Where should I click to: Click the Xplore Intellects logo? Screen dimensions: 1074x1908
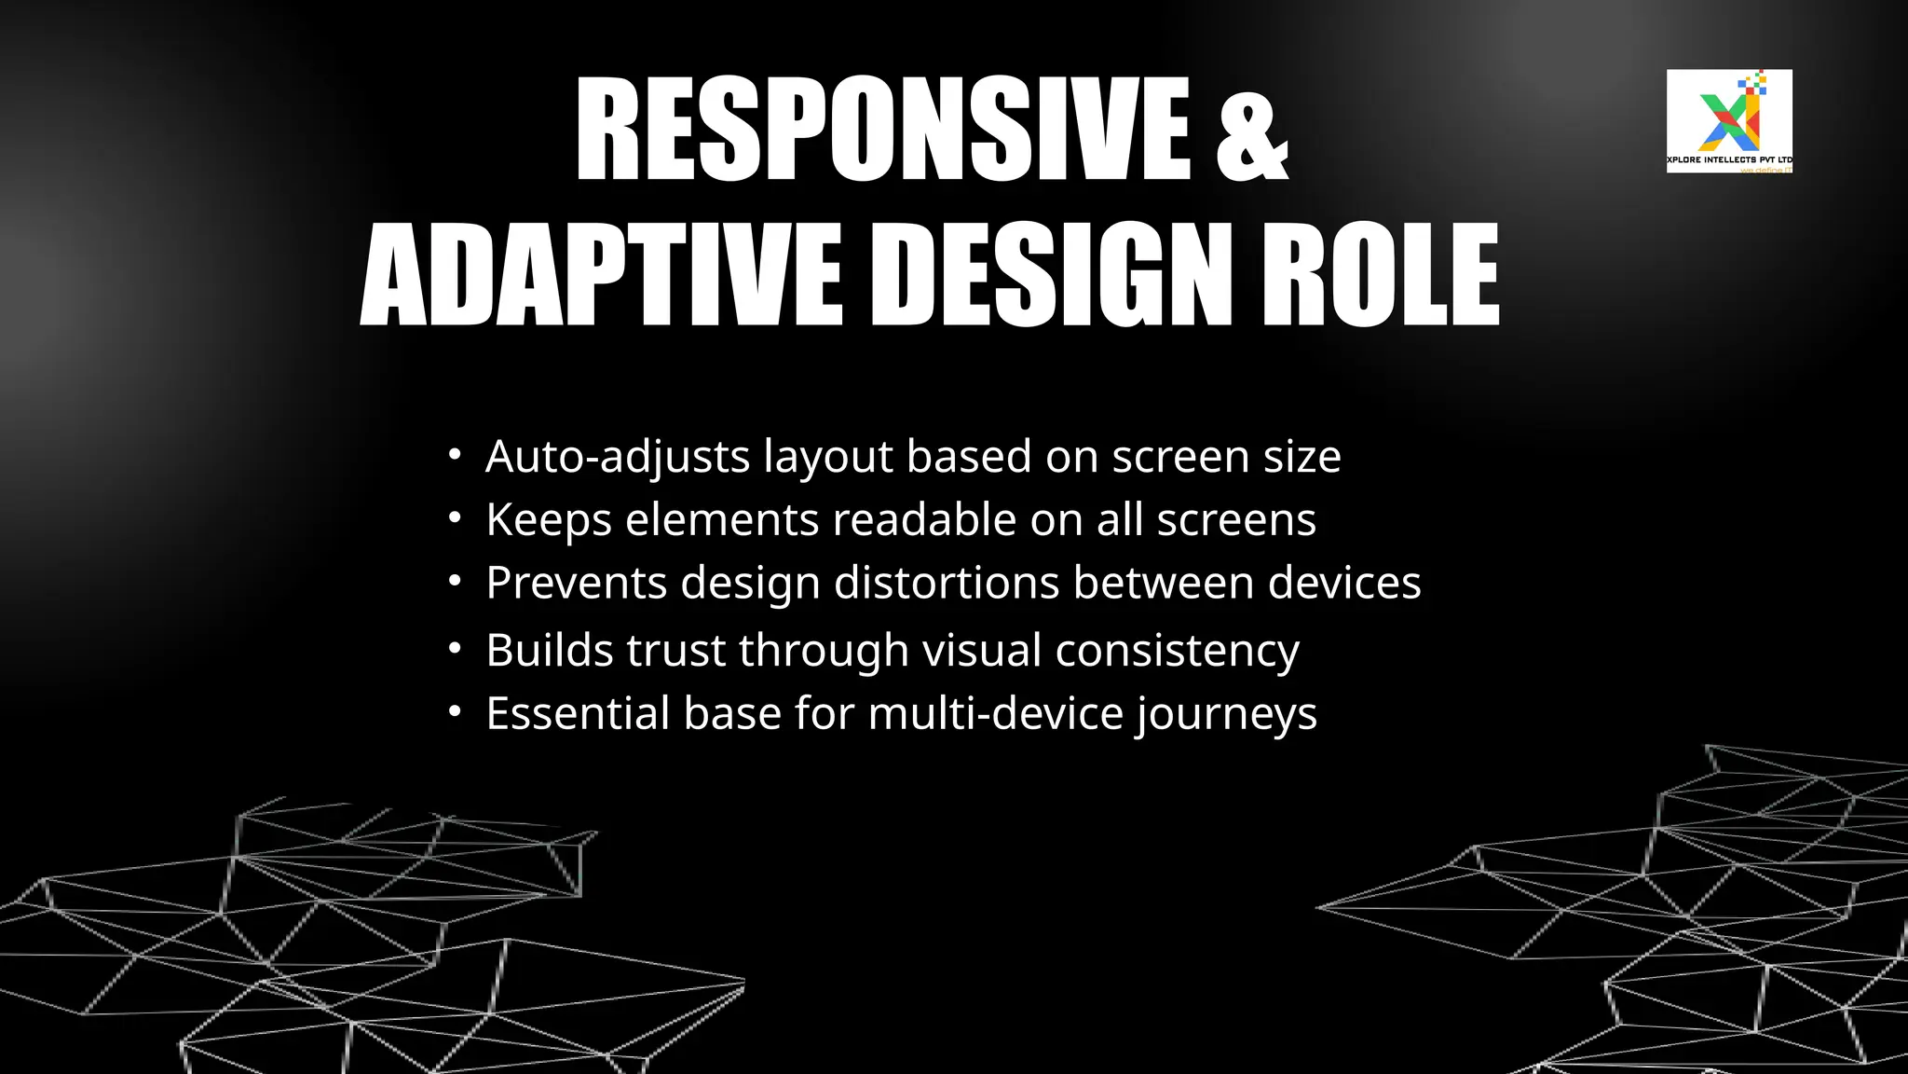tap(1729, 120)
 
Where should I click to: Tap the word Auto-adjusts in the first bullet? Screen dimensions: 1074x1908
tap(618, 457)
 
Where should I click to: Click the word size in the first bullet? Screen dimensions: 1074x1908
tap(1302, 457)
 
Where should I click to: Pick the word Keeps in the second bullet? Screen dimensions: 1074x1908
tap(549, 519)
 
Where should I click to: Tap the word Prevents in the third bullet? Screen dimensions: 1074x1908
tap(577, 583)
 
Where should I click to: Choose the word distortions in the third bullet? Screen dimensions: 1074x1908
tap(947, 583)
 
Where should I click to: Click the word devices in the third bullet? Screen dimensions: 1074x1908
tap(1344, 583)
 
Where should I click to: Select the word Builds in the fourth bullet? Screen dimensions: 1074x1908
tap(550, 650)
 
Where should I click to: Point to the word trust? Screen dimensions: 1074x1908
tap(675, 650)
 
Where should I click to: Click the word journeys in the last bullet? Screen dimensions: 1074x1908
tap(1226, 715)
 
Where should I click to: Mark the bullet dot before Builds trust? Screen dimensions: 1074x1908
tap(455, 648)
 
